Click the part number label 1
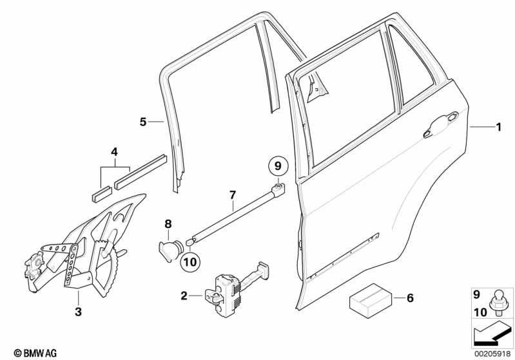(497, 128)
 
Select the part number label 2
(184, 296)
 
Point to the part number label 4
(114, 153)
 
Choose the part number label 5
(144, 121)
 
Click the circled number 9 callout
(278, 166)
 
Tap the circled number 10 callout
(190, 261)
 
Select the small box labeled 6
(369, 299)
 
